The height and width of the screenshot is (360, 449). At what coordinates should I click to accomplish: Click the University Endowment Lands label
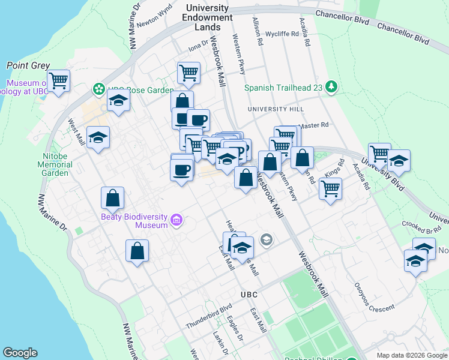[207, 17]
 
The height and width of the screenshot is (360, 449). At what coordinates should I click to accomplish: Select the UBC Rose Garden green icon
[98, 89]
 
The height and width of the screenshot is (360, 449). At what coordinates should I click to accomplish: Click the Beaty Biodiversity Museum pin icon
[176, 221]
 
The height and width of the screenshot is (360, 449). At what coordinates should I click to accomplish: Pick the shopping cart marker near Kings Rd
[330, 188]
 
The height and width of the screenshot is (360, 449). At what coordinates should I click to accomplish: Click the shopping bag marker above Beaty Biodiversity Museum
[112, 197]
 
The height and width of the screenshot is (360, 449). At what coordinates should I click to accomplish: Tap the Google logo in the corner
[20, 353]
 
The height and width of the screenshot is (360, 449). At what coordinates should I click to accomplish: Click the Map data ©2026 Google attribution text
[412, 355]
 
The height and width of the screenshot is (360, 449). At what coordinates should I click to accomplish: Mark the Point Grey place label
[28, 65]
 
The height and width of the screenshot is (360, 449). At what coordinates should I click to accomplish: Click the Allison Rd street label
[258, 32]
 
